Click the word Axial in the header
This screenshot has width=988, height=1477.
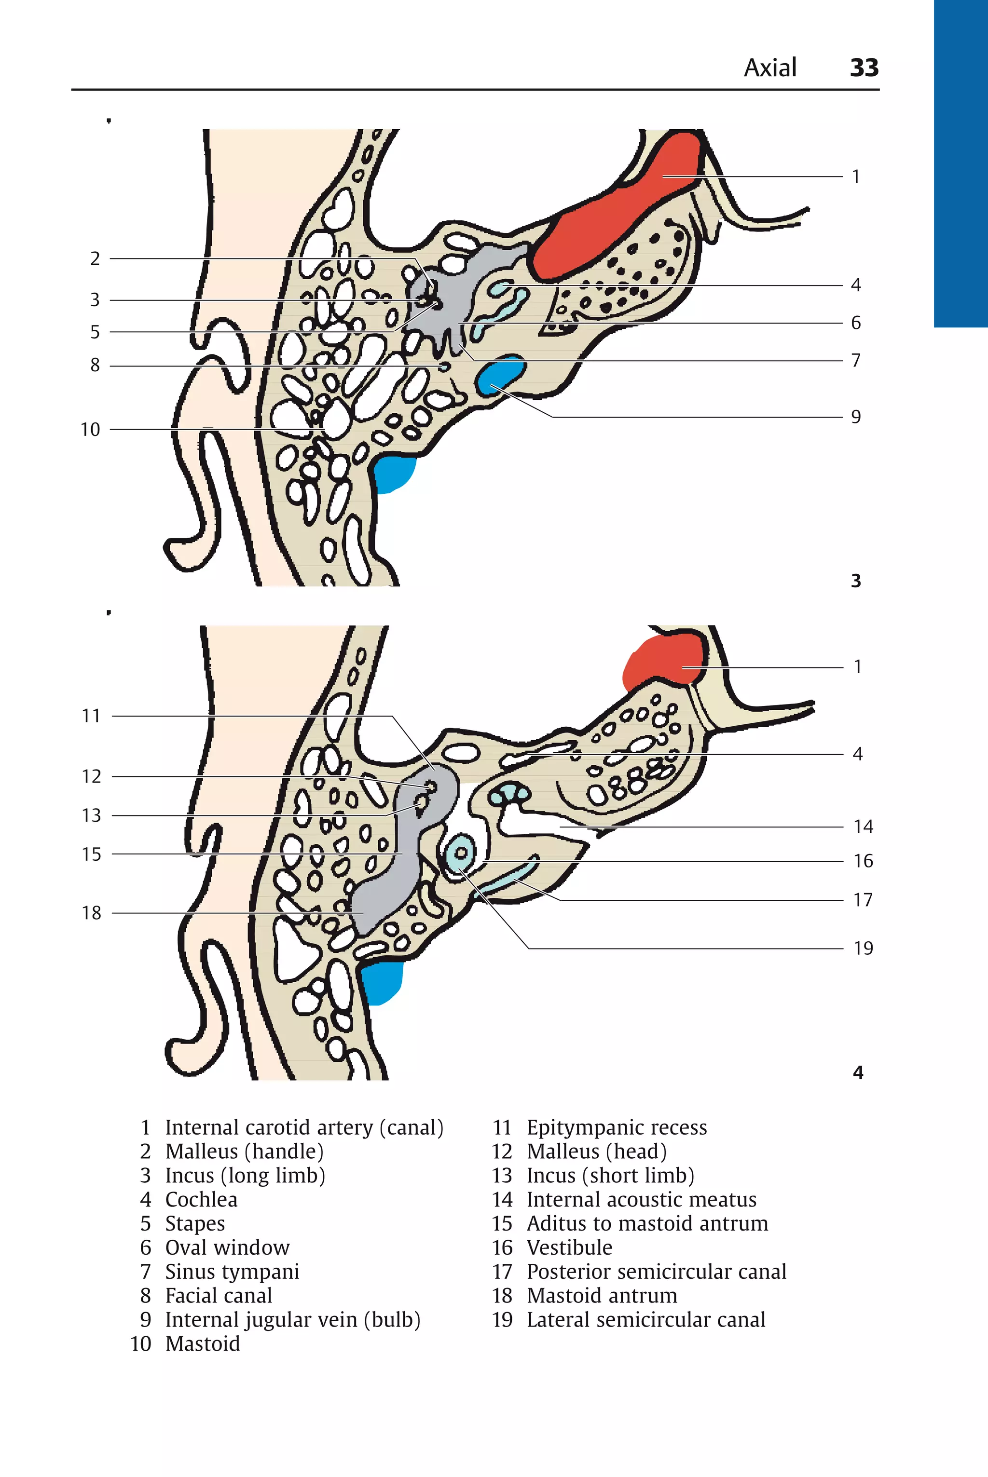[770, 68]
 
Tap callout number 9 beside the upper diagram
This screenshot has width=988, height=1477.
[856, 417]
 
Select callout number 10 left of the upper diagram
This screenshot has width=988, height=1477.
[90, 430]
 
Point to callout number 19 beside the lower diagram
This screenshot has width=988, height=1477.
[863, 949]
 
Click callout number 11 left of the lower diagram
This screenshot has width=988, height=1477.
[91, 716]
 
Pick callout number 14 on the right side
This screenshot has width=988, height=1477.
[863, 827]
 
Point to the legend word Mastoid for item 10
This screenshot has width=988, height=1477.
[202, 1343]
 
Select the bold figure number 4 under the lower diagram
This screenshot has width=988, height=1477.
[858, 1072]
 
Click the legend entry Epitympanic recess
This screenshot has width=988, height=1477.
[616, 1127]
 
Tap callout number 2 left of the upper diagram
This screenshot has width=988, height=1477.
[95, 259]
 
